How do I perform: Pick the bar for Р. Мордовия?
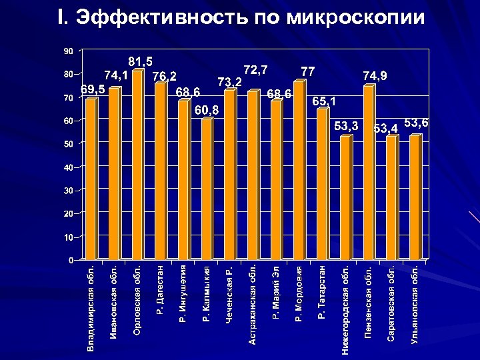click(298, 170)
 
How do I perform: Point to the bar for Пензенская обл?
click(368, 173)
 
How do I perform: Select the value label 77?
click(308, 71)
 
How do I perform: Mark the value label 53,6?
click(416, 123)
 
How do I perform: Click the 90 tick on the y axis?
click(68, 51)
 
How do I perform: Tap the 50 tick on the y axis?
click(68, 144)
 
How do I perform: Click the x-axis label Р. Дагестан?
click(160, 291)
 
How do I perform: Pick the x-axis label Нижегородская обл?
click(345, 309)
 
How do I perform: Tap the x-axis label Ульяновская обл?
click(415, 303)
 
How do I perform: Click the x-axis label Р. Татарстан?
click(321, 292)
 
